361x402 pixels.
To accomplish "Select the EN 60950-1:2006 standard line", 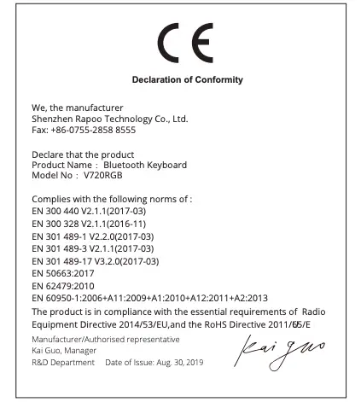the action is coord(154,298).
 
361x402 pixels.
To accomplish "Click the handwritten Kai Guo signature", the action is coord(288,350).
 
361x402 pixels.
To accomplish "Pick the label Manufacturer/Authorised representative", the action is coord(96,339).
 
